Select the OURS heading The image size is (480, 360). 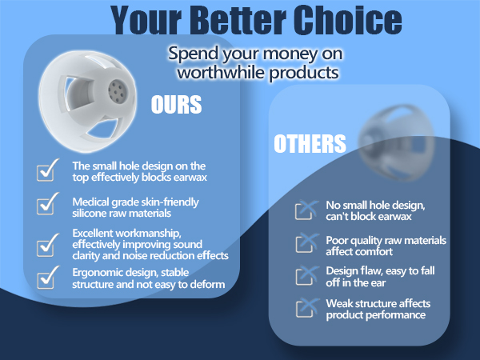(176, 106)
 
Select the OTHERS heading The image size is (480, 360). (309, 144)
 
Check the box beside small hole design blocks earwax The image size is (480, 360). (49, 170)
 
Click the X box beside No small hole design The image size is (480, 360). (305, 210)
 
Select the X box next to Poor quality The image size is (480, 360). (305, 244)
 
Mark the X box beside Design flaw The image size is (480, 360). (305, 276)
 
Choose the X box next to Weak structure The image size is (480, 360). (305, 308)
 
